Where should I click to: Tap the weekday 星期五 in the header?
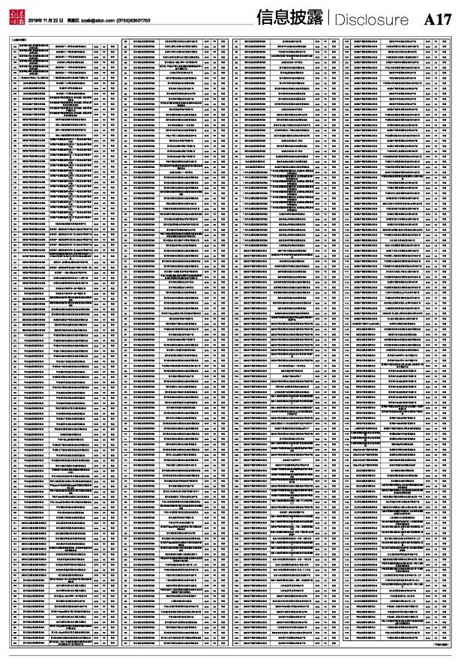(x=74, y=20)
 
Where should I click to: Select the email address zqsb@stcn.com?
(x=103, y=20)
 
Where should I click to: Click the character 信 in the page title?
(x=264, y=19)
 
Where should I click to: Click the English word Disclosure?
(x=373, y=19)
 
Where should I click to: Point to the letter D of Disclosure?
(x=341, y=19)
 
